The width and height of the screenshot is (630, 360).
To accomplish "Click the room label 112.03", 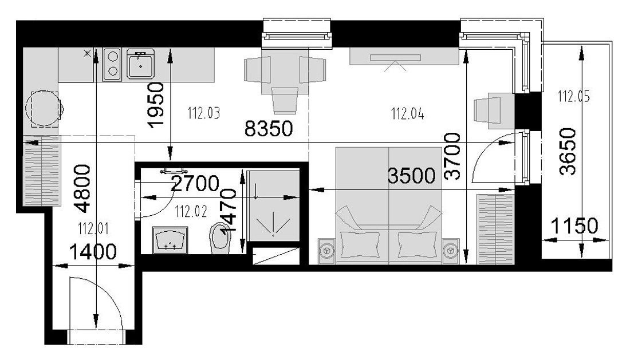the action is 204,113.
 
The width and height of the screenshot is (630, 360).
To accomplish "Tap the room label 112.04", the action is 407,114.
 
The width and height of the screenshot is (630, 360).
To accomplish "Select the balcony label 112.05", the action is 573,96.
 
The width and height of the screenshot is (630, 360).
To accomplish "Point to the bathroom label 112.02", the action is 191,211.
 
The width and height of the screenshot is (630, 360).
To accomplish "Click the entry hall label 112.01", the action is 93,229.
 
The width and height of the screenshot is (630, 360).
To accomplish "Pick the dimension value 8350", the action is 269,129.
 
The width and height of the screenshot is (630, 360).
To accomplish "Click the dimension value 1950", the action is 156,105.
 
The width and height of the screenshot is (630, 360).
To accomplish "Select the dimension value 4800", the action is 82,188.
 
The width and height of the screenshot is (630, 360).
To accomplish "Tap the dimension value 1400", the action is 93,252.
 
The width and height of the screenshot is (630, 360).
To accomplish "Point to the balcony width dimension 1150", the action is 574,226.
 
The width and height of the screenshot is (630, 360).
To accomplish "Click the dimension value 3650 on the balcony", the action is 568,152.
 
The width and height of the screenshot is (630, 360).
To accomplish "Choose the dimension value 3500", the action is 411,176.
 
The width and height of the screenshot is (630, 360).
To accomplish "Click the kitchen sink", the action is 141,64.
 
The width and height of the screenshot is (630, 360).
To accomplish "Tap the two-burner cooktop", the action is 112,64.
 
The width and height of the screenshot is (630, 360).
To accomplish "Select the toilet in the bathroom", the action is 220,238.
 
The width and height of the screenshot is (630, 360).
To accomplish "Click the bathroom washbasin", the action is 170,240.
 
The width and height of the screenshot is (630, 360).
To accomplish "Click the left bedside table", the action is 326,251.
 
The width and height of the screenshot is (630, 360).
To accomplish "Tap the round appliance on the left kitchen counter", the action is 44,109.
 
